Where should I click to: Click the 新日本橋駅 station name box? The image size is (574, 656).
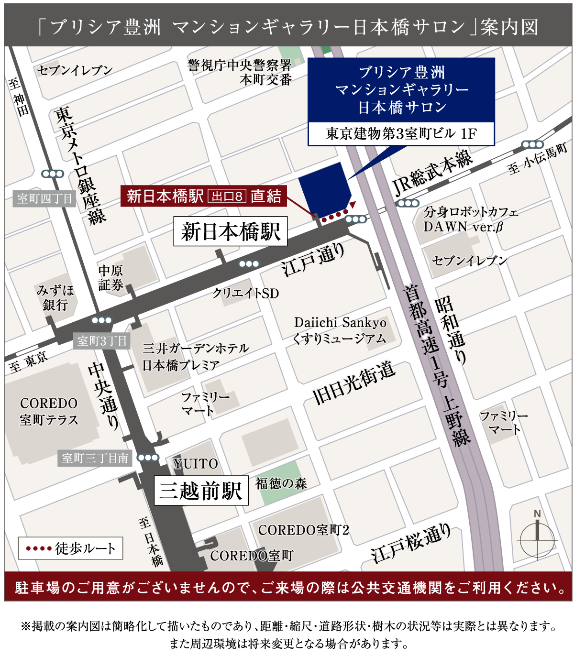(230, 232)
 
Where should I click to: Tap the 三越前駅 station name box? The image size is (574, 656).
(201, 490)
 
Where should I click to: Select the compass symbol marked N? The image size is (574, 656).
(537, 538)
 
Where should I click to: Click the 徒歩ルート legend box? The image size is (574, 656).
(70, 548)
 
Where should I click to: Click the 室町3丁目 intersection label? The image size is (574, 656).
(102, 341)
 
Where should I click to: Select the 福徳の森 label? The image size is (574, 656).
(281, 483)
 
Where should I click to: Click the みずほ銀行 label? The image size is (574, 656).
(55, 297)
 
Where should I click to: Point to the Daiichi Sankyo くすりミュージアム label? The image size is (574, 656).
(340, 330)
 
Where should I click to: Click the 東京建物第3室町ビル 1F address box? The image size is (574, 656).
(401, 133)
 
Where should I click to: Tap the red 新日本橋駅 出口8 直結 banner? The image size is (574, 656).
(204, 196)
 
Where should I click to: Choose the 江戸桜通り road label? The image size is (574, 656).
(411, 543)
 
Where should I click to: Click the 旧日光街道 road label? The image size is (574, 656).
(354, 383)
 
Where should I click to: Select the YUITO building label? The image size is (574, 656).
(195, 464)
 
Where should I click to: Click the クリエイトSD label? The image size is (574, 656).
(246, 293)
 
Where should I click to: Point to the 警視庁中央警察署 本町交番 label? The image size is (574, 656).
(240, 72)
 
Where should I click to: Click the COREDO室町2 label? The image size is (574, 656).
(303, 530)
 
